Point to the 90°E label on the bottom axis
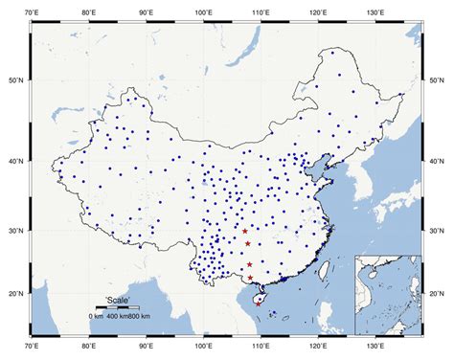[x=147, y=349]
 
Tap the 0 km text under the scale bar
[x=95, y=316]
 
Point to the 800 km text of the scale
[x=139, y=316]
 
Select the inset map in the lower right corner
[x=388, y=297]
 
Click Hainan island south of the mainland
[x=258, y=299]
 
